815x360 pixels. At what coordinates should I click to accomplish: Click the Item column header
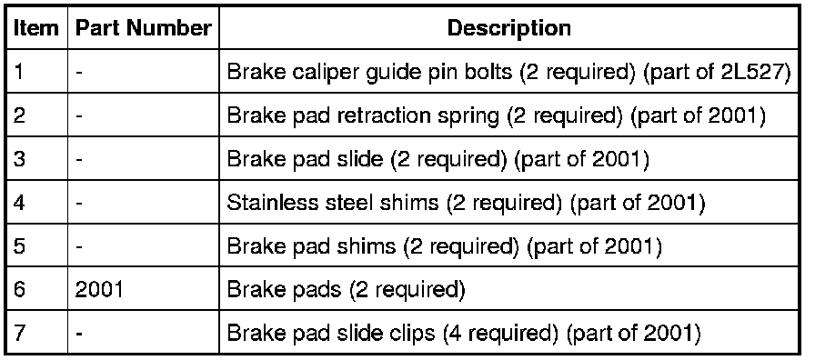[35, 28]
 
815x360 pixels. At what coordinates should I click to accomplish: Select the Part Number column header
[144, 28]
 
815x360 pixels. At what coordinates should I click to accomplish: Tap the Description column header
[508, 28]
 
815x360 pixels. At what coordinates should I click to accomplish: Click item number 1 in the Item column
[19, 72]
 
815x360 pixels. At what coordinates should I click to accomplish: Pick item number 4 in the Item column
[19, 203]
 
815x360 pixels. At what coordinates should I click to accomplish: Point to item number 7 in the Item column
[19, 333]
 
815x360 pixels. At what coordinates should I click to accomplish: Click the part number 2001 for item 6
[99, 289]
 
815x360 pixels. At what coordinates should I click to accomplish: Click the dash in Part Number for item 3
[78, 160]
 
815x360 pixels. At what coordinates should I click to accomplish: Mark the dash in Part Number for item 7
[78, 334]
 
